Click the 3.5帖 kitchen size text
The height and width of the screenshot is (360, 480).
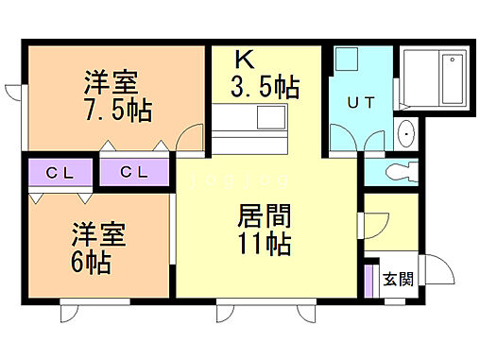pyautogui.click(x=266, y=88)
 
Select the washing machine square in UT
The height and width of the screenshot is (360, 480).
pyautogui.click(x=344, y=60)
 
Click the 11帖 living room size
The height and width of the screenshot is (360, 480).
pyautogui.click(x=263, y=243)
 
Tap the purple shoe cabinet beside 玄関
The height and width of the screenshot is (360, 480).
pyautogui.click(x=369, y=280)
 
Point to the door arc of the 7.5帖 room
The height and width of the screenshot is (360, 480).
pyautogui.click(x=192, y=138)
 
